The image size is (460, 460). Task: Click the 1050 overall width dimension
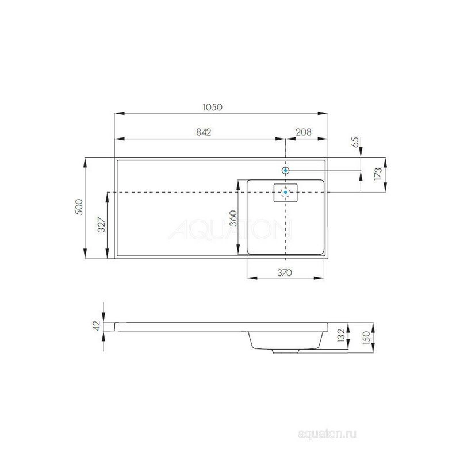tap(213, 107)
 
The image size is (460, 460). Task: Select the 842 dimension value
tap(204, 132)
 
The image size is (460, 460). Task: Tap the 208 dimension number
tap(304, 132)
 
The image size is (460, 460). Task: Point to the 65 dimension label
tap(355, 142)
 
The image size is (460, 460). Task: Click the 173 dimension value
tap(378, 174)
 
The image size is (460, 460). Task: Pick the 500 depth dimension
tap(79, 207)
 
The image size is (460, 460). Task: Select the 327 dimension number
tap(101, 224)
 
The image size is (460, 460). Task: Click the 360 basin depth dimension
tap(233, 218)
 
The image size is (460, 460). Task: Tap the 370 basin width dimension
tap(285, 273)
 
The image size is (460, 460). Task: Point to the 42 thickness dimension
tap(97, 325)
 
